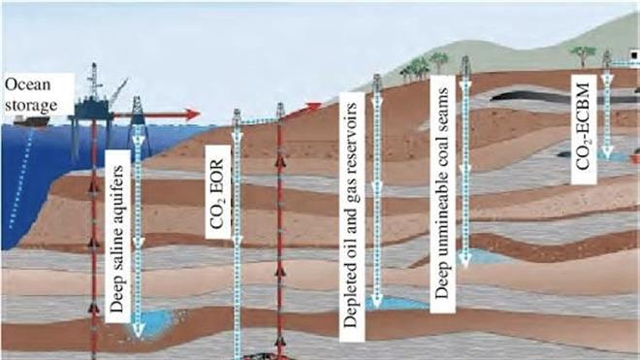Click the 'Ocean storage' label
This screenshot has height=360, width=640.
click(x=31, y=95)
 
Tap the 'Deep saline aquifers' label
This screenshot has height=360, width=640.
click(x=117, y=239)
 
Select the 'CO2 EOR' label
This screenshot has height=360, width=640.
click(x=217, y=194)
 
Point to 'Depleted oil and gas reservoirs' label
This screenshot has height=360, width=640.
click(x=350, y=215)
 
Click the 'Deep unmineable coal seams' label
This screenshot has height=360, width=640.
click(x=442, y=193)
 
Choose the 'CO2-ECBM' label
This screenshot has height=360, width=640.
click(x=583, y=126)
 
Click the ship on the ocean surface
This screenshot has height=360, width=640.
click(x=32, y=120)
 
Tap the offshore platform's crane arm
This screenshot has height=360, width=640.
click(x=118, y=93)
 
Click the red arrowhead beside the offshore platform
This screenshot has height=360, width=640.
click(x=192, y=115)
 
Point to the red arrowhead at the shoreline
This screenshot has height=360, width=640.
click(x=313, y=107)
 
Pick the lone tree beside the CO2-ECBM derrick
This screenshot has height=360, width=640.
click(x=582, y=55)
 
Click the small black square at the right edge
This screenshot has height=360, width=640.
click(x=634, y=54)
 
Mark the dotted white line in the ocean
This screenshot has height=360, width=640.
click(x=21, y=178)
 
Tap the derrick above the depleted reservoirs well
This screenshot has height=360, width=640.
click(x=377, y=83)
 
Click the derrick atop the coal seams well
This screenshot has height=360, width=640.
click(x=465, y=67)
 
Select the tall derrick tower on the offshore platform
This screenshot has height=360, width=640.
click(x=94, y=81)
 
